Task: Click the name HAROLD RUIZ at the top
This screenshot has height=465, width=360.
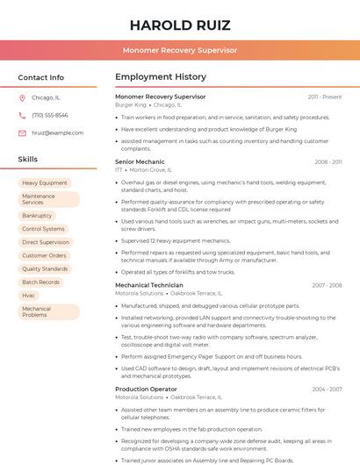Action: point(180,25)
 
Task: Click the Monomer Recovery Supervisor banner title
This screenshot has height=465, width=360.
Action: point(180,51)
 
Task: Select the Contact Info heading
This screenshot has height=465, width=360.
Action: point(41,77)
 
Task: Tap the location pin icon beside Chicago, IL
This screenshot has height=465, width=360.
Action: point(22,97)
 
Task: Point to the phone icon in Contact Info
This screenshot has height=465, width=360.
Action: point(22,115)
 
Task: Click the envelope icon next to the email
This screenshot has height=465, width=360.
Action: point(22,132)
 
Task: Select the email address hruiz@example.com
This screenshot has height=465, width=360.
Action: point(57,132)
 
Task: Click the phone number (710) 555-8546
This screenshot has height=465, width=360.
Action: point(50,115)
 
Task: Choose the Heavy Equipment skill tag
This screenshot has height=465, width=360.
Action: point(45,182)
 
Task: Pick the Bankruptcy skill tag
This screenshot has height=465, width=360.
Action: point(37,215)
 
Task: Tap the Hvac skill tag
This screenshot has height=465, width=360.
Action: point(29,296)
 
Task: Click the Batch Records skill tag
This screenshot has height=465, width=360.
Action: point(41,283)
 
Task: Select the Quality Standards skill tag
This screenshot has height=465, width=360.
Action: point(45,268)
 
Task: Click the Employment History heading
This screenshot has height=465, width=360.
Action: point(161,77)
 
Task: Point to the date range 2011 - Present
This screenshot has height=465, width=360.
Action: point(325,97)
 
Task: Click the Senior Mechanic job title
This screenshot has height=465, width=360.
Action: point(140,161)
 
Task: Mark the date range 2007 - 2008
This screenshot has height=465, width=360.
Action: point(327,285)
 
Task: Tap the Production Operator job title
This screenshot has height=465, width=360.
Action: point(146,389)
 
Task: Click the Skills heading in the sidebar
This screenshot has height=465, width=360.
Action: point(28,160)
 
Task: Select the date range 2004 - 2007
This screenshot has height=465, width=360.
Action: point(327,389)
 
